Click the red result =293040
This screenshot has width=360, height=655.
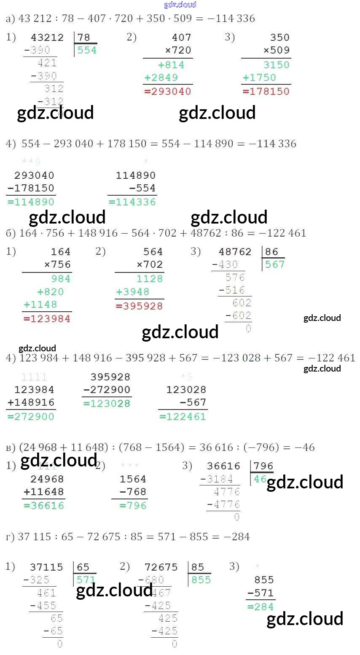click(168, 92)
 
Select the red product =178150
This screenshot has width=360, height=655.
click(266, 92)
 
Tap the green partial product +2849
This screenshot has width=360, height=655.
click(161, 78)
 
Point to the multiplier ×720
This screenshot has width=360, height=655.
click(178, 50)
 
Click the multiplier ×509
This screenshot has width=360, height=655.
click(277, 50)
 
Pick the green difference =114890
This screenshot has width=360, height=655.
click(31, 202)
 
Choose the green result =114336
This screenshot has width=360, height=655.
click(132, 202)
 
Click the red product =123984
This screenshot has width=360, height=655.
click(47, 319)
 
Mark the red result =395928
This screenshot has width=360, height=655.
click(140, 306)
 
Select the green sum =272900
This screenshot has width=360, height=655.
click(31, 417)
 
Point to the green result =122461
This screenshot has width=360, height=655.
click(183, 417)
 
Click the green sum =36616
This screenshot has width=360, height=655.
click(44, 506)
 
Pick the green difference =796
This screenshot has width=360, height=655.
click(133, 506)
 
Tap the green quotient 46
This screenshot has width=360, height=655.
click(260, 479)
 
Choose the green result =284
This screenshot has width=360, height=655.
click(261, 607)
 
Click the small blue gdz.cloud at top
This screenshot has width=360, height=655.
click(180, 5)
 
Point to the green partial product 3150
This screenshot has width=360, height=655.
click(277, 65)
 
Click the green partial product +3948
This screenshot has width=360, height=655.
click(133, 292)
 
